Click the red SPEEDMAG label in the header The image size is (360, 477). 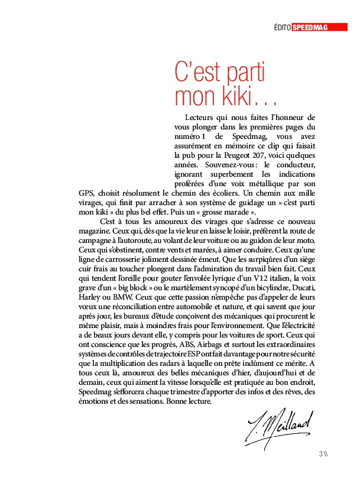tap(311, 27)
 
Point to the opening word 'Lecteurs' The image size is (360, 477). tap(199, 118)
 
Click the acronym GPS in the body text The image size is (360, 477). tap(87, 193)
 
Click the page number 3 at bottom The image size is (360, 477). tap(320, 454)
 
